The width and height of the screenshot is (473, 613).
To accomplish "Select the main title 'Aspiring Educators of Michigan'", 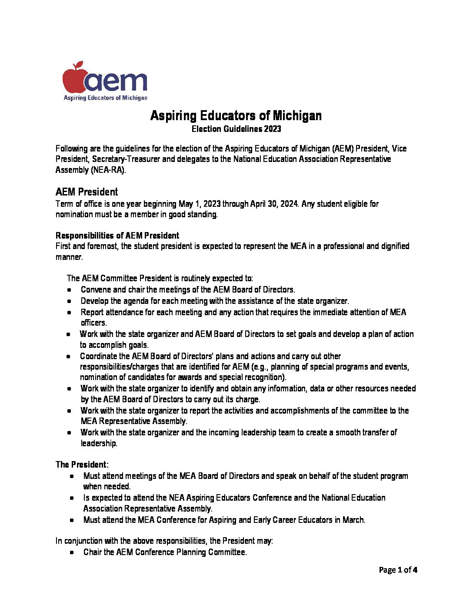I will tap(236, 116).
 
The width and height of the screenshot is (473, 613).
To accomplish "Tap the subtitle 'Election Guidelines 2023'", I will tap(236, 129).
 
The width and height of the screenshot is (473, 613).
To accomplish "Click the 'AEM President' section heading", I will tap(87, 192).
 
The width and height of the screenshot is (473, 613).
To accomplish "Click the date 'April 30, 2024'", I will tap(274, 204).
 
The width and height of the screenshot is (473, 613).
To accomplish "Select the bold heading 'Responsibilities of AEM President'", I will tap(117, 236).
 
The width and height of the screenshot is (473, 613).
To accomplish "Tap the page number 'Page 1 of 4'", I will tap(398, 570).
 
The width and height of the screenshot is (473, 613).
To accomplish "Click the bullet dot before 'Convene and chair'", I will tap(70, 290).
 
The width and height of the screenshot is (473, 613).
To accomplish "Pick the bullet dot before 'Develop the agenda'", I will tap(70, 301).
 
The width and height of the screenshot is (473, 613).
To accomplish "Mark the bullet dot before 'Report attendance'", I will tap(70, 313).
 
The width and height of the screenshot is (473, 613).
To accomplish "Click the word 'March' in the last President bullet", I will tap(353, 520).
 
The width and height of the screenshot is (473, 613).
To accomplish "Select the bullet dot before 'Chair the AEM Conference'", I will tap(72, 552).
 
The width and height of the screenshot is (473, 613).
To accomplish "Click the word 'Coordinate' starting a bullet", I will tap(98, 356).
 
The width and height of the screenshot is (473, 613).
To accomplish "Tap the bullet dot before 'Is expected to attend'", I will tap(72, 498).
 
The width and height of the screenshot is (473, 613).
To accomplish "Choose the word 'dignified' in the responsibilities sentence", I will tap(394, 246).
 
